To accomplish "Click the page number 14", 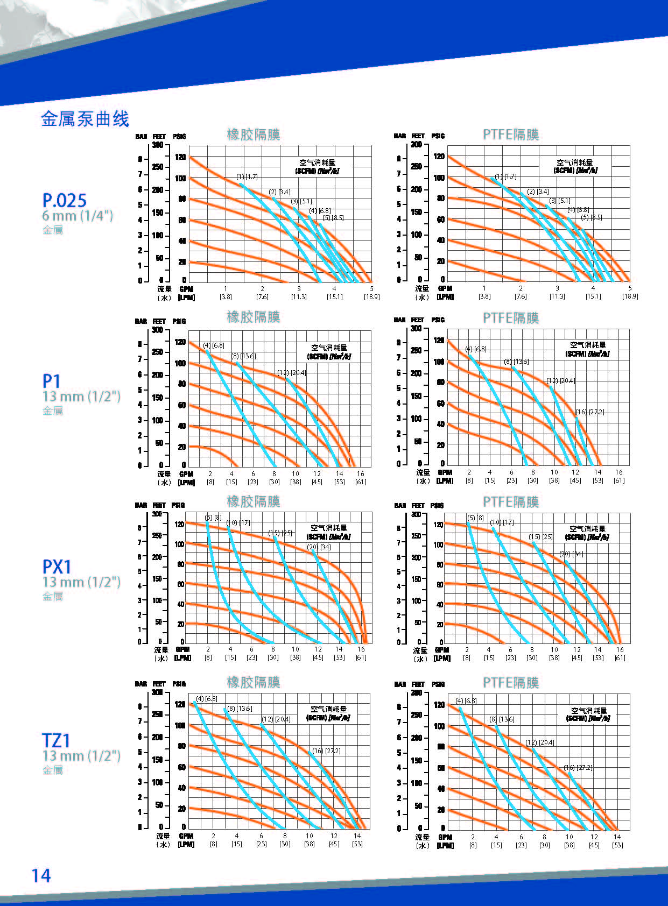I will click(x=41, y=875).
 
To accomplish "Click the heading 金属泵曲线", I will click(x=85, y=119).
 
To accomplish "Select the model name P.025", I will click(x=64, y=201).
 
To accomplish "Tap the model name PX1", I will click(x=57, y=567).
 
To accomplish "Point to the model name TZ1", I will click(x=56, y=740).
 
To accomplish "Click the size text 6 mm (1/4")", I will click(x=78, y=216).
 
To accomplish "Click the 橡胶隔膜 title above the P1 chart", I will click(x=253, y=317).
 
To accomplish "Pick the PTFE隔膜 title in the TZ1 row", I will click(x=511, y=683).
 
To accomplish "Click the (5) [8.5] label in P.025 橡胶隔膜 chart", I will click(x=333, y=218).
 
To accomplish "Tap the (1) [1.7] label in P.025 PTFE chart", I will click(x=505, y=176).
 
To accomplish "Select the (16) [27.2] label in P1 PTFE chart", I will click(x=589, y=412).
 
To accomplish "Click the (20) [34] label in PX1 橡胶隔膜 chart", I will click(x=319, y=547).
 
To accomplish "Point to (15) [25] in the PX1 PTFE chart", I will click(x=540, y=537).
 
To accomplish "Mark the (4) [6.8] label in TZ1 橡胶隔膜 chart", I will click(x=207, y=699).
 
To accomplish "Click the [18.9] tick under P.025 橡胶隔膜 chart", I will click(x=371, y=296).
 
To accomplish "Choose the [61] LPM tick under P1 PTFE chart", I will click(x=619, y=480).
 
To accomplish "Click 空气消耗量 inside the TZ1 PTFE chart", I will click(x=589, y=711).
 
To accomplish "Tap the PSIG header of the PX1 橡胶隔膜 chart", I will click(x=178, y=505).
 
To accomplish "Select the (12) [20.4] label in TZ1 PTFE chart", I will click(x=540, y=742).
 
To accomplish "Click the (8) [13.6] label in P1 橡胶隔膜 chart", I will click(x=244, y=356).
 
